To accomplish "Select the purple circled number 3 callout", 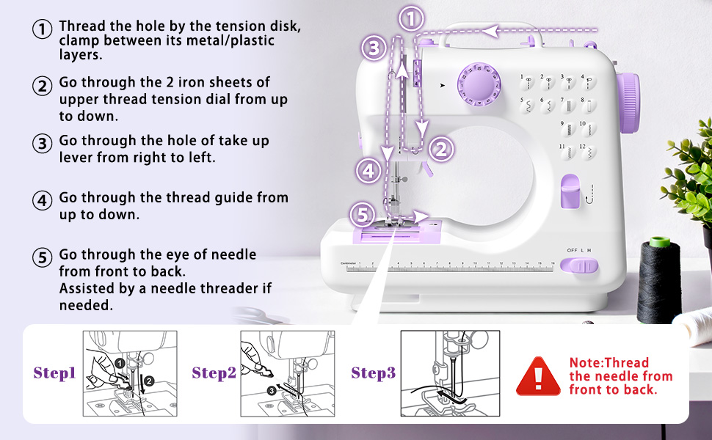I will click(374, 49).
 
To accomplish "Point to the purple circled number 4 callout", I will click(368, 171).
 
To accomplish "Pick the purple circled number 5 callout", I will click(361, 215).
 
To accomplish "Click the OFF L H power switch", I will click(581, 265).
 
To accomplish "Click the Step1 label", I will click(55, 373).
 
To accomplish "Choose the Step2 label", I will click(214, 373).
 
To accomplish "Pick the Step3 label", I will click(373, 373).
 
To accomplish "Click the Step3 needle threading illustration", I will click(450, 373).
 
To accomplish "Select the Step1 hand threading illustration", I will click(129, 373).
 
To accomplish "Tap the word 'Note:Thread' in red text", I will click(609, 363).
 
